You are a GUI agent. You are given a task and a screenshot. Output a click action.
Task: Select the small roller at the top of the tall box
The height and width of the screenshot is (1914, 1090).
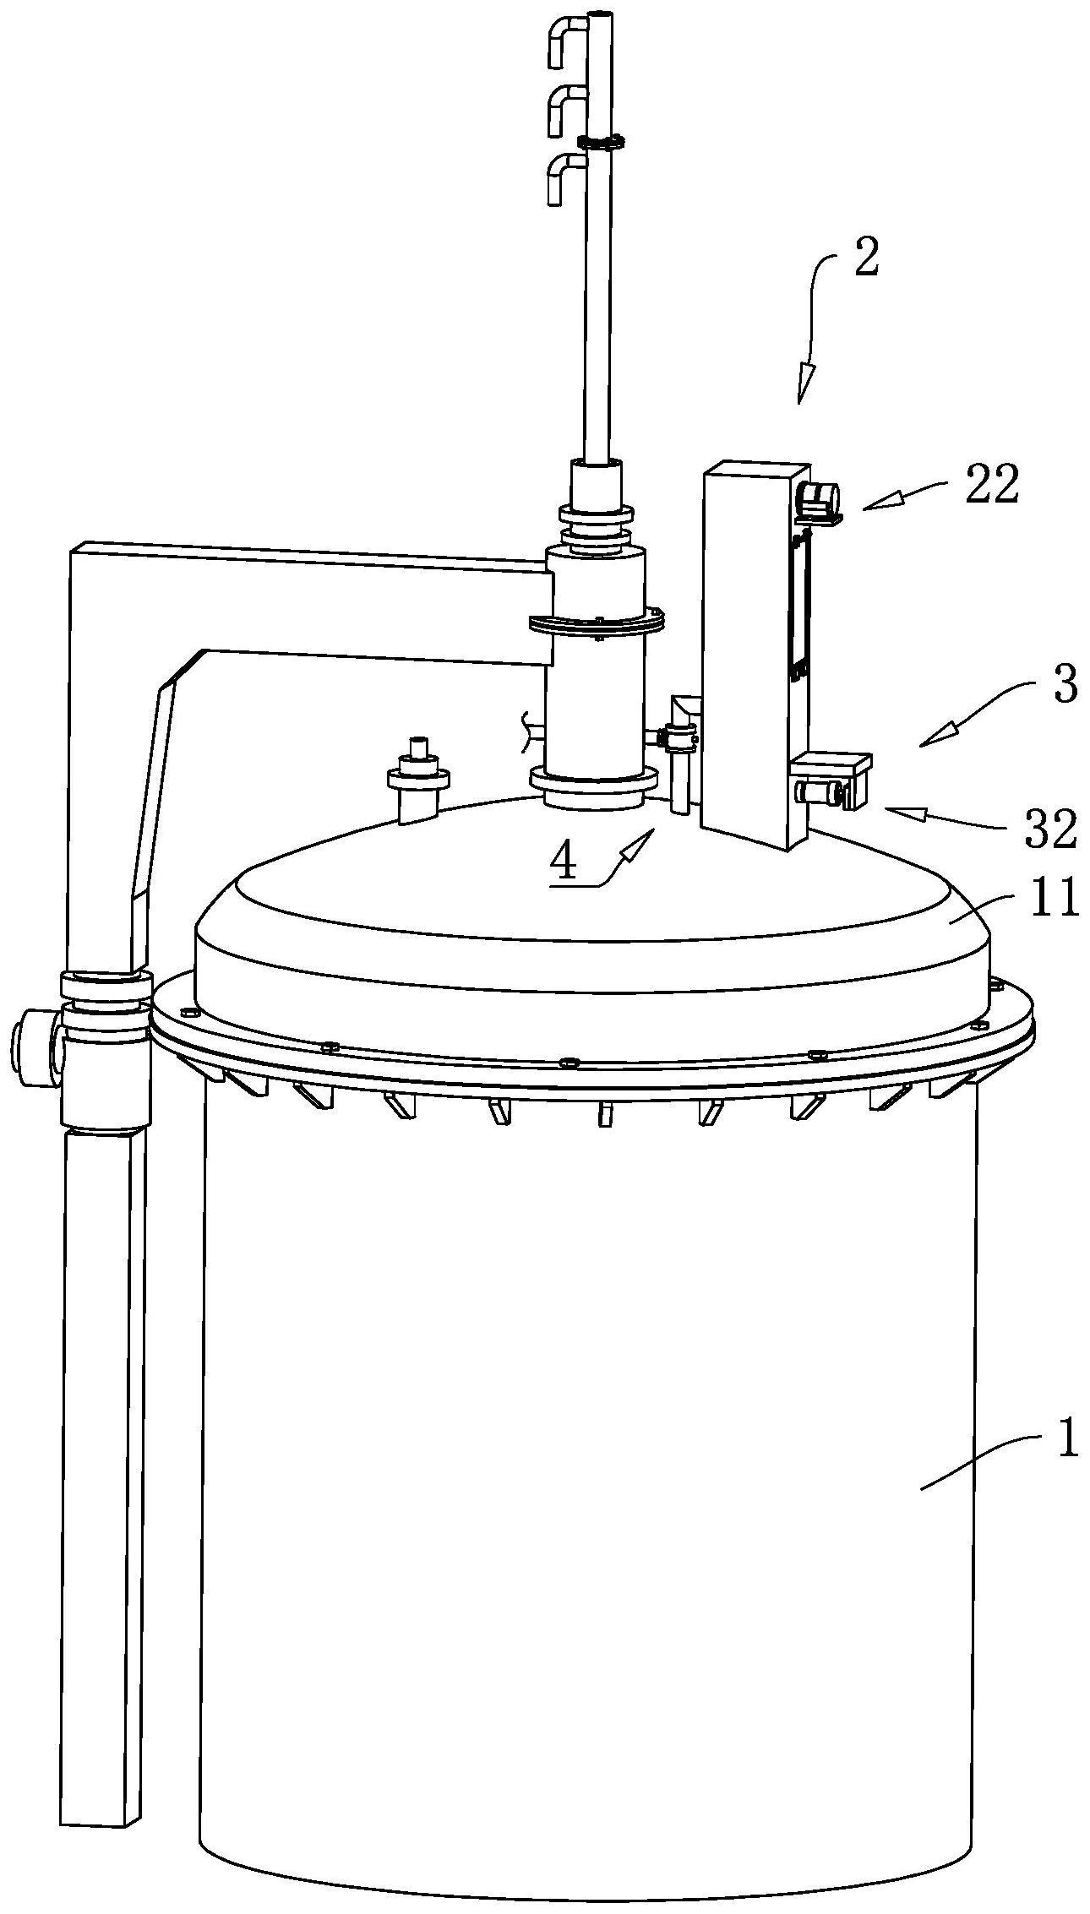pos(820,499)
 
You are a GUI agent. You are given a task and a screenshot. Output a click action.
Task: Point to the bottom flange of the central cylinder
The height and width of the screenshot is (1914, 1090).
pos(594,789)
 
